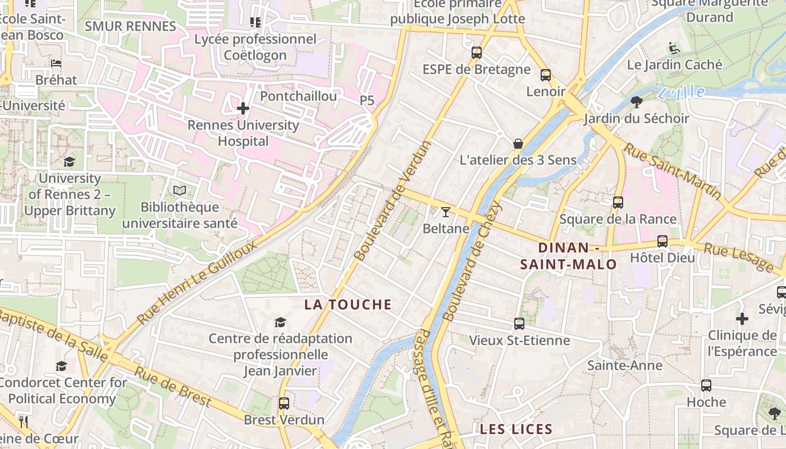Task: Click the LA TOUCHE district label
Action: click(x=348, y=305)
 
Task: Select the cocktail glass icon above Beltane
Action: click(x=446, y=212)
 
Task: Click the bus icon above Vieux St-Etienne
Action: click(x=519, y=323)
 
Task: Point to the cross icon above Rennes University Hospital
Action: click(x=243, y=108)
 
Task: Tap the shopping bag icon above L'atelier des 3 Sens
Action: click(x=518, y=144)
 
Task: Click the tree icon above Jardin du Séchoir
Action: click(x=637, y=102)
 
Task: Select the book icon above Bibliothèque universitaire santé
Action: click(x=180, y=191)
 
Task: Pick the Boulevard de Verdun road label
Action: click(x=394, y=200)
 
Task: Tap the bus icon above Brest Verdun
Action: click(x=284, y=403)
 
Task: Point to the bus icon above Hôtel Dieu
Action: click(x=662, y=241)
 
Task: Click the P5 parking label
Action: click(x=367, y=100)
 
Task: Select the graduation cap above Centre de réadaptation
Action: click(x=280, y=322)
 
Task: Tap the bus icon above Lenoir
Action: click(x=546, y=75)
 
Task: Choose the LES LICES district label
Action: click(x=516, y=429)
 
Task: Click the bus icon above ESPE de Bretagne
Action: click(x=477, y=53)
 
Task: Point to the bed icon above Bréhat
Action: click(x=56, y=63)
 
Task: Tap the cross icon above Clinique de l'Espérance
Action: click(x=742, y=319)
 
